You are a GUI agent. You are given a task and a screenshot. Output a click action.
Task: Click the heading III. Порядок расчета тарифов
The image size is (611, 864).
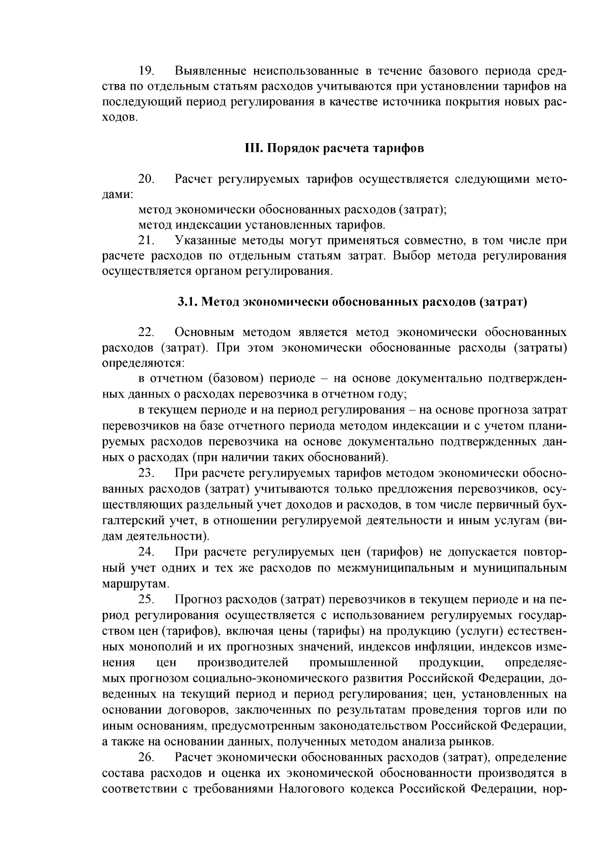coord(335,149)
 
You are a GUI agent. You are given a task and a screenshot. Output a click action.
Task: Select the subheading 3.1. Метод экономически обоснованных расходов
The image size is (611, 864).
coord(352,302)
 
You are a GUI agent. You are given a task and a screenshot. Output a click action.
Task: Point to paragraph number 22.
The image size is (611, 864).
coord(146,332)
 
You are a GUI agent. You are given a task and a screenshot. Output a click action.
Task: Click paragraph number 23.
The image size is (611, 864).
coord(146,473)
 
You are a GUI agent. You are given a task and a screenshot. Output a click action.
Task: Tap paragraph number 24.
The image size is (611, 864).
coord(146,552)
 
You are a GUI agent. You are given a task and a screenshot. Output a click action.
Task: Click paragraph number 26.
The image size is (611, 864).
coord(146,758)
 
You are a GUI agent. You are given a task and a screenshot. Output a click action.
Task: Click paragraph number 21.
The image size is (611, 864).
coord(146,240)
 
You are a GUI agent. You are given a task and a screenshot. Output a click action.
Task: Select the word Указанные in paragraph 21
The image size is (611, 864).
coord(206,240)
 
